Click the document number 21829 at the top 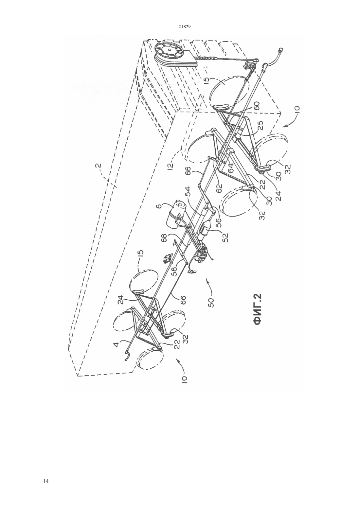point(184,27)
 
